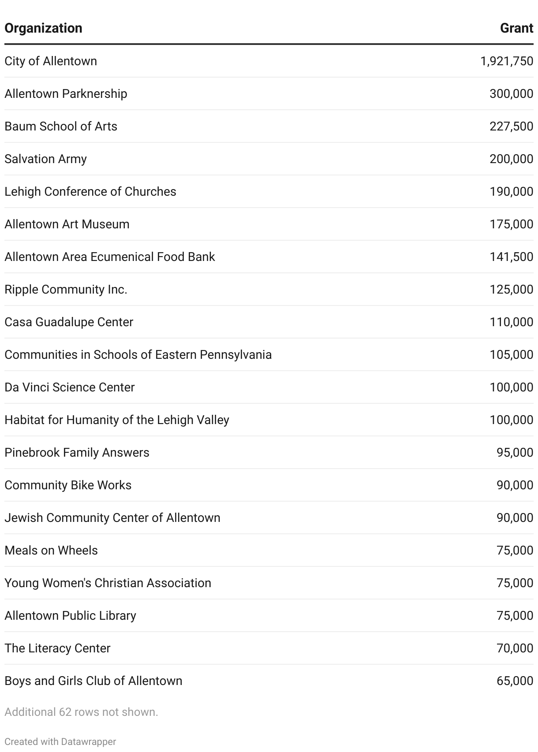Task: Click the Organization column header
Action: point(43,28)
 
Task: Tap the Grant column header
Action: point(516,28)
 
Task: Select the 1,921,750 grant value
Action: point(507,61)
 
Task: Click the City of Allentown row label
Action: point(51,61)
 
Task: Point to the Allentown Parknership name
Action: point(66,93)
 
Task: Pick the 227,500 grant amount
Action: point(511,126)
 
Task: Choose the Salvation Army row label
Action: point(45,159)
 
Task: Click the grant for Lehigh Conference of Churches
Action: point(511,191)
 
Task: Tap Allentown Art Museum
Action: point(67,224)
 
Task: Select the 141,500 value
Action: point(511,257)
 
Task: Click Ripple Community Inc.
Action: point(66,289)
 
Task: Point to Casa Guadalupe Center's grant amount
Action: point(511,322)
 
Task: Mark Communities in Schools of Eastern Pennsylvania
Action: point(138,354)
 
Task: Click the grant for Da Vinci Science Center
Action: point(511,387)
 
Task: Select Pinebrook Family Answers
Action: point(77,452)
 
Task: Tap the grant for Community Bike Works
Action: point(515,485)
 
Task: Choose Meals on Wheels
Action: point(51,550)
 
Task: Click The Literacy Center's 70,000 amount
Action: point(515,648)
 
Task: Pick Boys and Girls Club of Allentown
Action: point(93,681)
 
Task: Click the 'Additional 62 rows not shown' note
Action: point(81,712)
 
